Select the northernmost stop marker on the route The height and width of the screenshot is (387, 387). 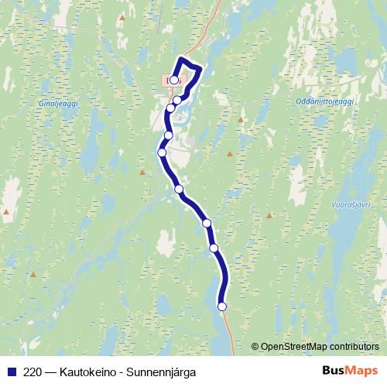174,79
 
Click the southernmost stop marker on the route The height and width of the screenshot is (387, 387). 222,307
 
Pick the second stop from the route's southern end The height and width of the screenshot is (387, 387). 214,248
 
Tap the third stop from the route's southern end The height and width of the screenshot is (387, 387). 207,223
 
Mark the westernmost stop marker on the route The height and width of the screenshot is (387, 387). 162,152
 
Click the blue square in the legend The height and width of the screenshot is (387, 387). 11,372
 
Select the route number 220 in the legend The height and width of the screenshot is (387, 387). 33,372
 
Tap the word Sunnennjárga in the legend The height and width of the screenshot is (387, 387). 163,372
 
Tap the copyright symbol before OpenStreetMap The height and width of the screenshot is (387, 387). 256,346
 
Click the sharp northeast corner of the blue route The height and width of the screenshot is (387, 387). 200,69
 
